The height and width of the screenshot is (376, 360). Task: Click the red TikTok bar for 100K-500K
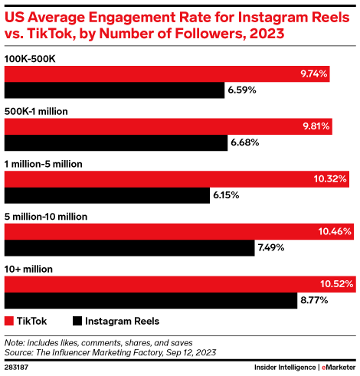click(x=168, y=74)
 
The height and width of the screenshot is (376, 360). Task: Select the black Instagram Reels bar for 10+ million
click(x=151, y=300)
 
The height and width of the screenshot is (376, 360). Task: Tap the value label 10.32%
click(x=331, y=179)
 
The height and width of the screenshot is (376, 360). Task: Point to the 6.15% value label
click(x=227, y=195)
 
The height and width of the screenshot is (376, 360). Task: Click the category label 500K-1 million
click(x=37, y=111)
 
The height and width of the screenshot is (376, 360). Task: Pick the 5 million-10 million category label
click(x=46, y=217)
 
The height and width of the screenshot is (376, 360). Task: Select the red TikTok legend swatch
click(x=10, y=321)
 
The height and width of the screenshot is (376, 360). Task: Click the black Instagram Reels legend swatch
click(x=77, y=321)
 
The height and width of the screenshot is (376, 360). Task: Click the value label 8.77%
click(x=315, y=301)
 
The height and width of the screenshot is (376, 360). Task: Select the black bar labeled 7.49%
click(x=129, y=247)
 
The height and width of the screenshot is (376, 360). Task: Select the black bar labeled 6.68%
click(x=116, y=142)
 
